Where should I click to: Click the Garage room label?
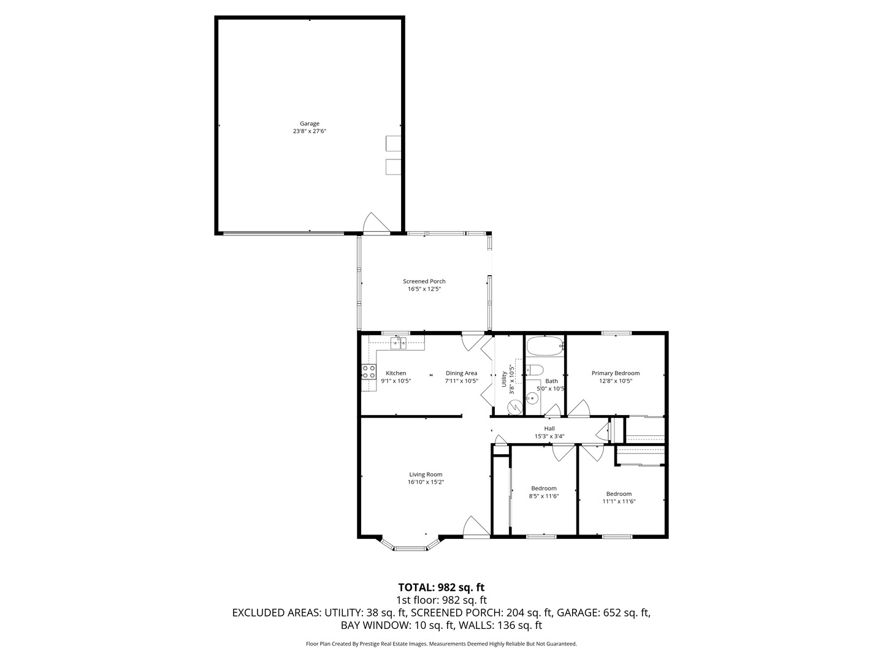click(x=309, y=123)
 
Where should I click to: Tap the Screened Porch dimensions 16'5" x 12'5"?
click(x=424, y=289)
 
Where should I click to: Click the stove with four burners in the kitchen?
click(x=369, y=371)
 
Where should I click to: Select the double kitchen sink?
click(x=398, y=343)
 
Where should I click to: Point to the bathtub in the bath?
click(x=545, y=346)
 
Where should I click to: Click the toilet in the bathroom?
click(x=535, y=370)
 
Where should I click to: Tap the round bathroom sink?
click(x=532, y=398)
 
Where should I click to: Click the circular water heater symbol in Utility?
click(x=514, y=408)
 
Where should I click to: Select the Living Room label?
click(x=426, y=474)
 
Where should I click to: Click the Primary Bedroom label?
click(x=616, y=373)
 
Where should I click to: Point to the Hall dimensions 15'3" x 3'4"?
click(x=549, y=436)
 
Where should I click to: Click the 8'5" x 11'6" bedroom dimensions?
click(x=543, y=496)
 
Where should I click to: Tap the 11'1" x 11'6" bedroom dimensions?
click(x=619, y=501)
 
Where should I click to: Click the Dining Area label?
click(x=461, y=373)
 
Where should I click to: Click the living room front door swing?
click(x=476, y=526)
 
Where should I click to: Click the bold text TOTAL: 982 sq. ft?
click(x=442, y=587)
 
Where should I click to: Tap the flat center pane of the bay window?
click(x=410, y=548)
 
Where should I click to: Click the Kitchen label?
click(x=396, y=373)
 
